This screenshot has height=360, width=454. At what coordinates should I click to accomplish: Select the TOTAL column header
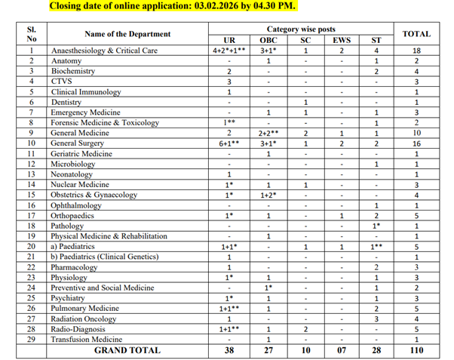416,34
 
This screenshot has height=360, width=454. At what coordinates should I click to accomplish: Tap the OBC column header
268,39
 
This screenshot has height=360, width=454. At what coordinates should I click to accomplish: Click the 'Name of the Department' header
127,34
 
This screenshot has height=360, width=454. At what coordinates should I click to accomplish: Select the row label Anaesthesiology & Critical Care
105,50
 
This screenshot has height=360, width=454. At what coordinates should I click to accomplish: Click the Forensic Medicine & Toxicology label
105,122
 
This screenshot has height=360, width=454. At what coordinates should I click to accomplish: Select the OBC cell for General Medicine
268,132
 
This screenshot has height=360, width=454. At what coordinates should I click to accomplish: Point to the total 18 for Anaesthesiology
416,50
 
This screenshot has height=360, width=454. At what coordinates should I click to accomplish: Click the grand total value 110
416,350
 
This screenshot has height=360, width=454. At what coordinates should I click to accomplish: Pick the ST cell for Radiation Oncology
376,318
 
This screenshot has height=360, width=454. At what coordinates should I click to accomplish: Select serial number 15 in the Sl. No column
32,195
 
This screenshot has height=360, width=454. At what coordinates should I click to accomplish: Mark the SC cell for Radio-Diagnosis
305,329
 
